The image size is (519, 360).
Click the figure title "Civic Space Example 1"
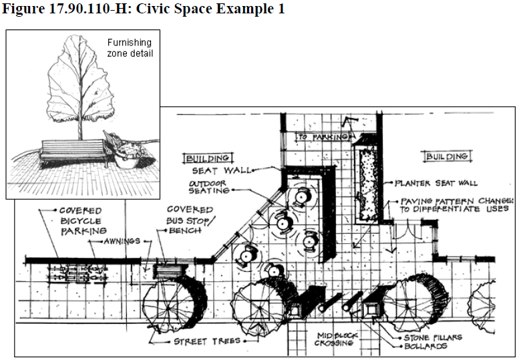[210, 9]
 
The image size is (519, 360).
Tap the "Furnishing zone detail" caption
[130, 47]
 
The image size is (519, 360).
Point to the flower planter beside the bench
[131, 156]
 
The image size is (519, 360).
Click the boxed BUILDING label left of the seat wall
[208, 158]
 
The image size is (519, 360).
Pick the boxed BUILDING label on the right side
[447, 156]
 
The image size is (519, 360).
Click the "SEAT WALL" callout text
[221, 170]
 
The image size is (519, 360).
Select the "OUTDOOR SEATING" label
[208, 187]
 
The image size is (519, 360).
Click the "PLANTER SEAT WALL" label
[436, 183]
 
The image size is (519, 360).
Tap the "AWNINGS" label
[122, 241]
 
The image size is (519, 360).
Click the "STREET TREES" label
[207, 341]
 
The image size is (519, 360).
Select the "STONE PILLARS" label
[433, 337]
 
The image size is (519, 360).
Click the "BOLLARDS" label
[425, 347]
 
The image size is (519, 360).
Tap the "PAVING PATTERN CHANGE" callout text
[457, 205]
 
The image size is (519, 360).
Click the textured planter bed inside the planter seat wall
[368, 184]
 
